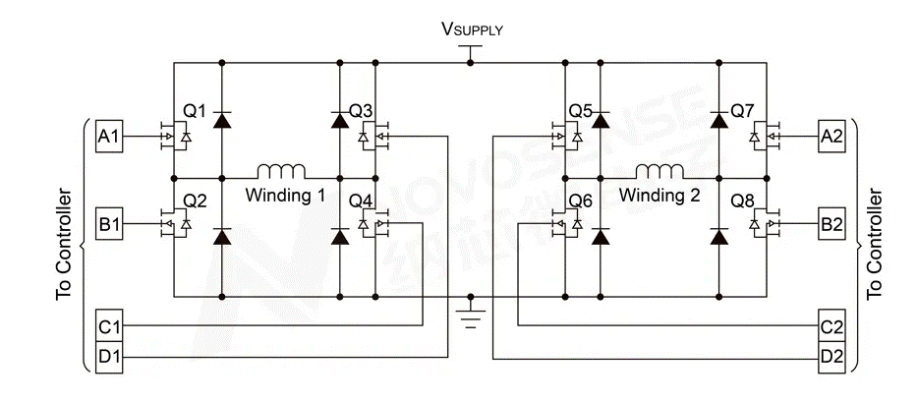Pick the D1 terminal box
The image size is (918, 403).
(x=108, y=355)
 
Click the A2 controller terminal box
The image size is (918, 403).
(x=832, y=137)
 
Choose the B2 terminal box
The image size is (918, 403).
(x=832, y=224)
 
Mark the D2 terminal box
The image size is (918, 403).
(x=832, y=355)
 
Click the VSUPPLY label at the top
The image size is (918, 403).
(x=472, y=29)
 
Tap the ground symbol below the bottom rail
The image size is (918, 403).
(x=472, y=317)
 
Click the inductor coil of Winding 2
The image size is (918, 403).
(x=660, y=170)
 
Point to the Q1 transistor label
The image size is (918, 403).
(x=194, y=111)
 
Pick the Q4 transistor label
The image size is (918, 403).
(x=361, y=202)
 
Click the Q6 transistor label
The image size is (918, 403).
(x=581, y=202)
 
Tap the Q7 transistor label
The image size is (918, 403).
(x=742, y=111)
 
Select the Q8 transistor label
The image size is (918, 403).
(x=742, y=202)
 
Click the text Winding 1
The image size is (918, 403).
(x=285, y=195)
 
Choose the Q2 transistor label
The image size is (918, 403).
(x=195, y=202)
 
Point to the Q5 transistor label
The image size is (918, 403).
(x=581, y=111)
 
